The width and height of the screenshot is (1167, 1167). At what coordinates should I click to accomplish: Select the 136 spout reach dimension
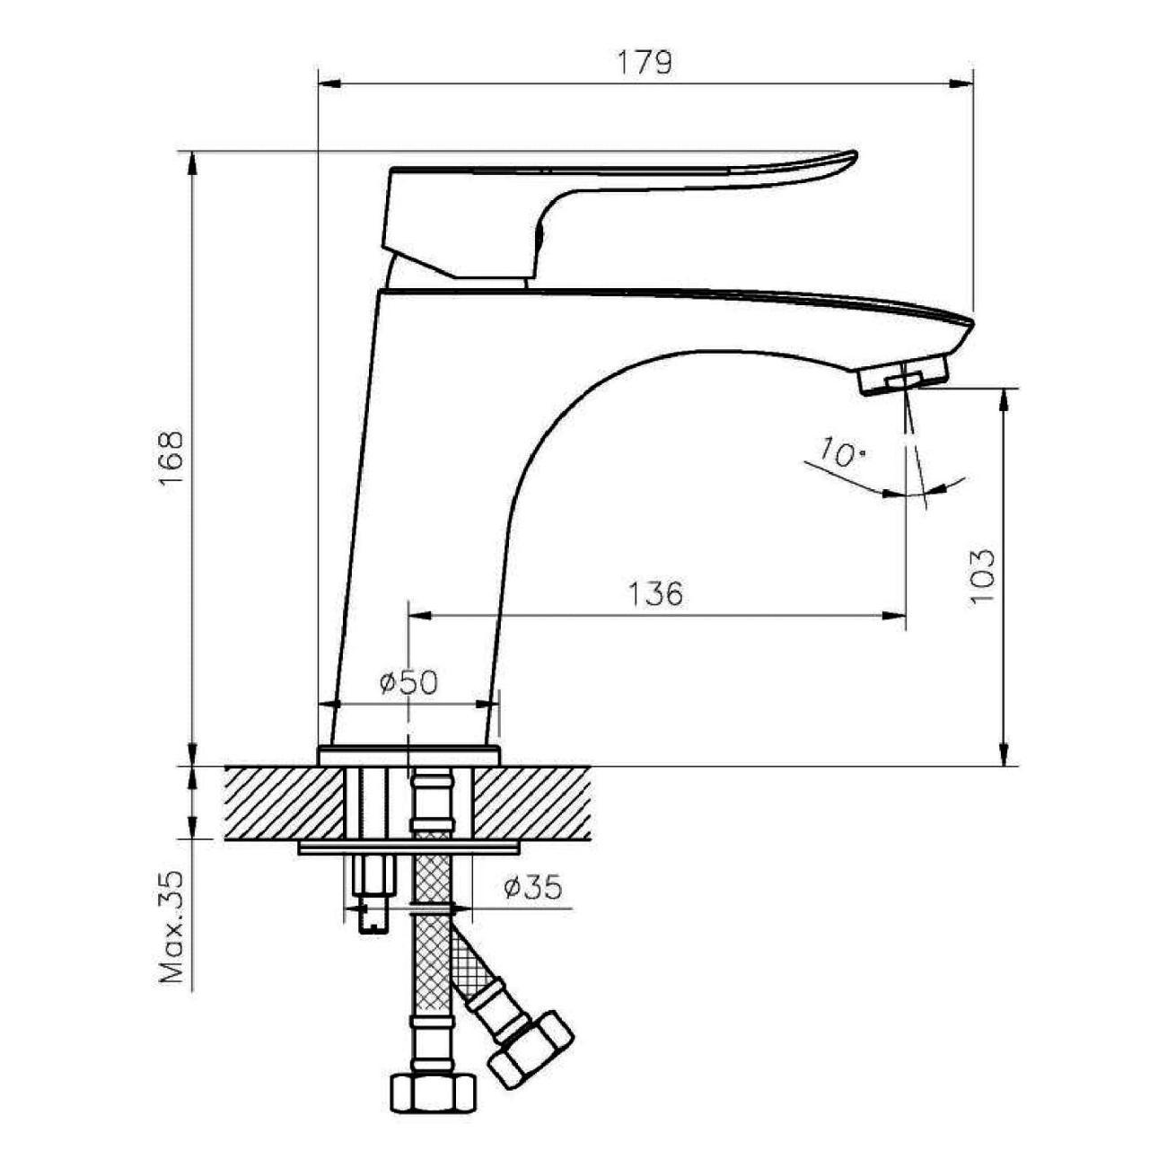[656, 594]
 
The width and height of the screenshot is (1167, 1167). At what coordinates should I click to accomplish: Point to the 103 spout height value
[982, 576]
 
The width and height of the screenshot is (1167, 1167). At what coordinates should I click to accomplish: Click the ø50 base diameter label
[408, 682]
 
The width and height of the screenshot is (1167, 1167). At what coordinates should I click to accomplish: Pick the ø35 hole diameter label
[533, 887]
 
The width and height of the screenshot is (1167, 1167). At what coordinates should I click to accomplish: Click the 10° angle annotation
[842, 452]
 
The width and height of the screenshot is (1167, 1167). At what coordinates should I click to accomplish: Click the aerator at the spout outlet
[903, 376]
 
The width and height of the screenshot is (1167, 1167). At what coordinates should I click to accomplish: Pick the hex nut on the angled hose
[531, 1050]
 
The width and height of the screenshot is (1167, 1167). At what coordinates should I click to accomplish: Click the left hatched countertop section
[284, 803]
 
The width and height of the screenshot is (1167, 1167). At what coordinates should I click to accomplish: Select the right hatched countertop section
[531, 803]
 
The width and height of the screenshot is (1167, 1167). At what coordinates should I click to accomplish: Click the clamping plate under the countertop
[408, 847]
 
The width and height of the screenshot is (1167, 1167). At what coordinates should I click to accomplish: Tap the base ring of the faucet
[408, 757]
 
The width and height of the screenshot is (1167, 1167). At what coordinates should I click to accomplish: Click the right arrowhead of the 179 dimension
[961, 83]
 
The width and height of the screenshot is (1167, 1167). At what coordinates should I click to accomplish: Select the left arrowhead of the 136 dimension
[420, 616]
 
